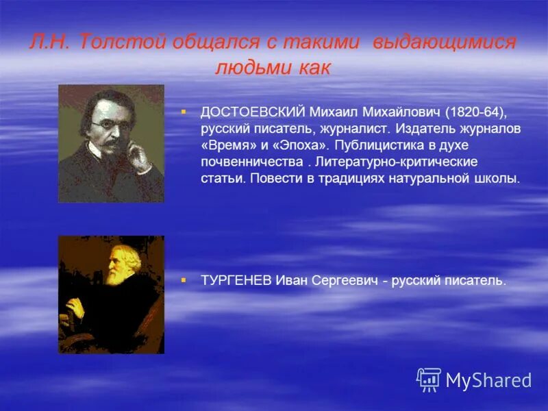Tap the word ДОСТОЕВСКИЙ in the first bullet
coord(252,112)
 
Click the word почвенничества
coord(251,162)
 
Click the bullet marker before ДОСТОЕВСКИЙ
coord(184,110)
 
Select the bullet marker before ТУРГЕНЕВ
coord(184,279)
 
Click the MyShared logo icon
coord(429,379)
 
